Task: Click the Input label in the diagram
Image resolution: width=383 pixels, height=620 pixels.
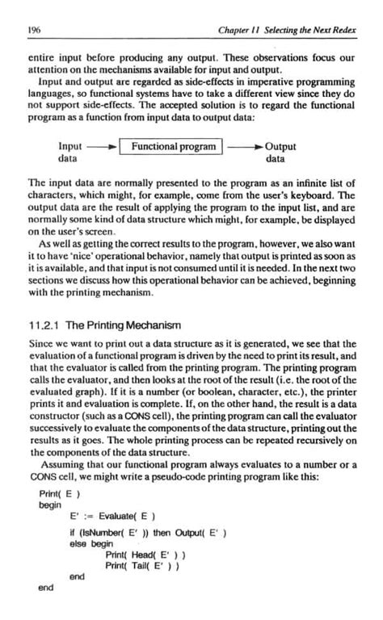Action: coord(71,147)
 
